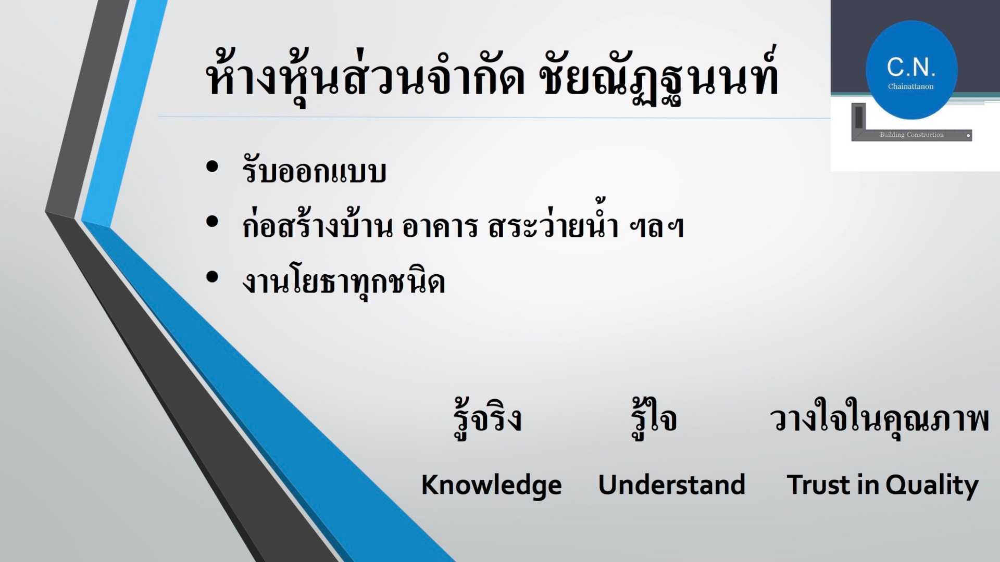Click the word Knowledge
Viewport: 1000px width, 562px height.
[491, 486]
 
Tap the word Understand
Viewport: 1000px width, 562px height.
[671, 484]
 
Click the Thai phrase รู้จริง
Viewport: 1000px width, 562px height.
[488, 418]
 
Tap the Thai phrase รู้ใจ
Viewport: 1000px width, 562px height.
[654, 418]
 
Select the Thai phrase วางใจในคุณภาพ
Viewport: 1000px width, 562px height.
[879, 419]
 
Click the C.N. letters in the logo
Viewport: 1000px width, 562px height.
[911, 67]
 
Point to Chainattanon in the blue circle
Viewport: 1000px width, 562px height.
[911, 86]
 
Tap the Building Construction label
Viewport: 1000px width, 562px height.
[911, 135]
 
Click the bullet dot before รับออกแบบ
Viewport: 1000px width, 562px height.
[212, 167]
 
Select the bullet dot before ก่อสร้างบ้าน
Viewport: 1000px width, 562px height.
[212, 222]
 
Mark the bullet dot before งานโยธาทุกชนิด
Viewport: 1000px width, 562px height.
[212, 277]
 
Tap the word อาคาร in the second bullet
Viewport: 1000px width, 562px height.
[440, 226]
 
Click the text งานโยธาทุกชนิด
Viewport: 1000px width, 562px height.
[344, 282]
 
